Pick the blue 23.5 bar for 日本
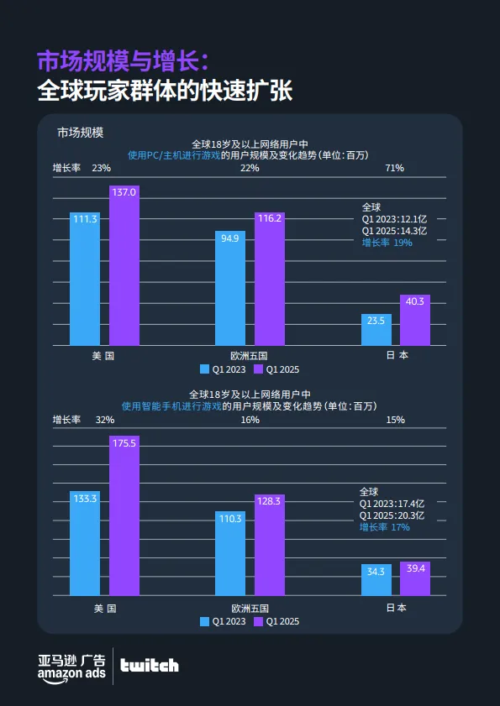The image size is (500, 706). (376, 329)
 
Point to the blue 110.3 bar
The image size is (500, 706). (230, 553)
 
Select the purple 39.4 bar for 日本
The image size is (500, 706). (415, 578)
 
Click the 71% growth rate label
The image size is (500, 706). (394, 168)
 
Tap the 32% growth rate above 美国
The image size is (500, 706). (105, 420)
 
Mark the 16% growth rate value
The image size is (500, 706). (250, 420)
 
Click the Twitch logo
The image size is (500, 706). (149, 666)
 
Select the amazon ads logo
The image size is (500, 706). (71, 666)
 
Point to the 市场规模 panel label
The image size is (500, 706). (80, 132)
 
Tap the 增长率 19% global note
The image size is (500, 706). (387, 243)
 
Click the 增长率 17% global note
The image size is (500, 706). (385, 527)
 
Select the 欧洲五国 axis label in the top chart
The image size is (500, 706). (250, 355)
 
